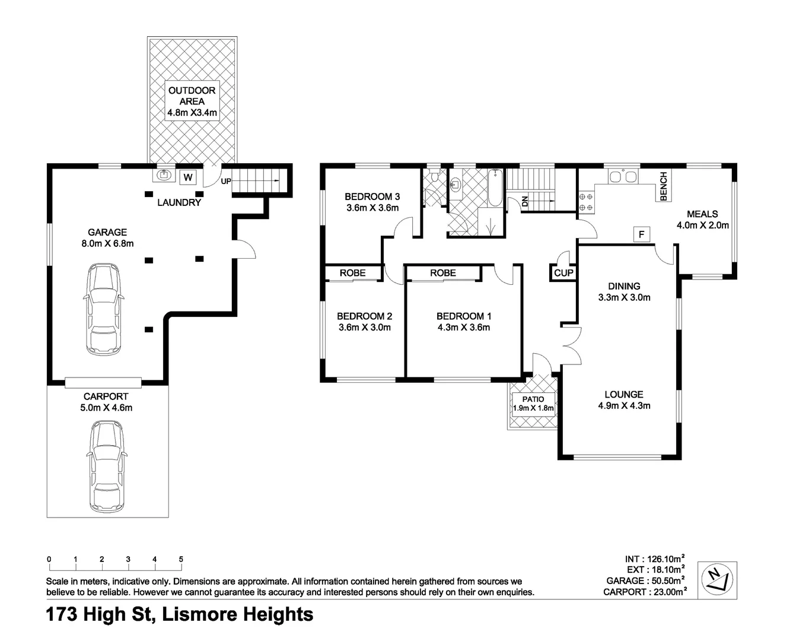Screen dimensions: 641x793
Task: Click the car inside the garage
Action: tap(104, 310)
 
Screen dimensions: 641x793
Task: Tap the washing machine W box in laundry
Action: tap(189, 177)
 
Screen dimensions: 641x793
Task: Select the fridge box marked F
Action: tap(641, 234)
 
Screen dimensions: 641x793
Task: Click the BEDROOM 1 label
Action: tap(463, 316)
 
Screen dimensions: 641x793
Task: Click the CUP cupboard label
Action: tap(563, 273)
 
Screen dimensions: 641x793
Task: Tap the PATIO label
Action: tap(533, 399)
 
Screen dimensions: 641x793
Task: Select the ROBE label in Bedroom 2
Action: tap(352, 273)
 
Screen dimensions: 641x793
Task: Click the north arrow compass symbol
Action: tap(717, 579)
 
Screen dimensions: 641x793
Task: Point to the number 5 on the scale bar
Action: tap(181, 559)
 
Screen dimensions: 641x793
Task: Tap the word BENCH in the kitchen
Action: tap(664, 186)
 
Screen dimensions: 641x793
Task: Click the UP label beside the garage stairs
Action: tap(225, 181)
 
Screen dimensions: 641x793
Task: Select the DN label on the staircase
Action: tap(525, 202)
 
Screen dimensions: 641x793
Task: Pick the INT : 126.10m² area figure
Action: tap(655, 559)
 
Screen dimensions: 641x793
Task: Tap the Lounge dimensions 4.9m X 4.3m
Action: tap(624, 406)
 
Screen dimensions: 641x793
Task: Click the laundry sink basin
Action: tap(163, 175)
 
